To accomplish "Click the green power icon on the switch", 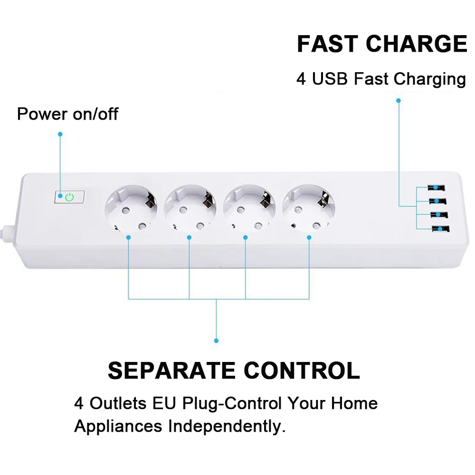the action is [70, 197].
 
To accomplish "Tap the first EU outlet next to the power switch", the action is [131, 208].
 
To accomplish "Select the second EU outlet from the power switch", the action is [190, 208].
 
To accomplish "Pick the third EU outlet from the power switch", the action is [249, 208].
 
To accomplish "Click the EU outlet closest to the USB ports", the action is [308, 208].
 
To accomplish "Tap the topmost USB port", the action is [436, 188].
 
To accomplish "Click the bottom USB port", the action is [441, 229].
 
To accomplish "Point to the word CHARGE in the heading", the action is [417, 44].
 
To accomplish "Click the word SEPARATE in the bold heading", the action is [171, 370].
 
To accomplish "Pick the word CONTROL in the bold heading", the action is [302, 370].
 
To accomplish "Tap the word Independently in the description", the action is [227, 426].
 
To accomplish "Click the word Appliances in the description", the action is [118, 427].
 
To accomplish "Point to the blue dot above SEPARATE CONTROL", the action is [216, 341].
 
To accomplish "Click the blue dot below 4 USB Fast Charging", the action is [399, 101].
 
